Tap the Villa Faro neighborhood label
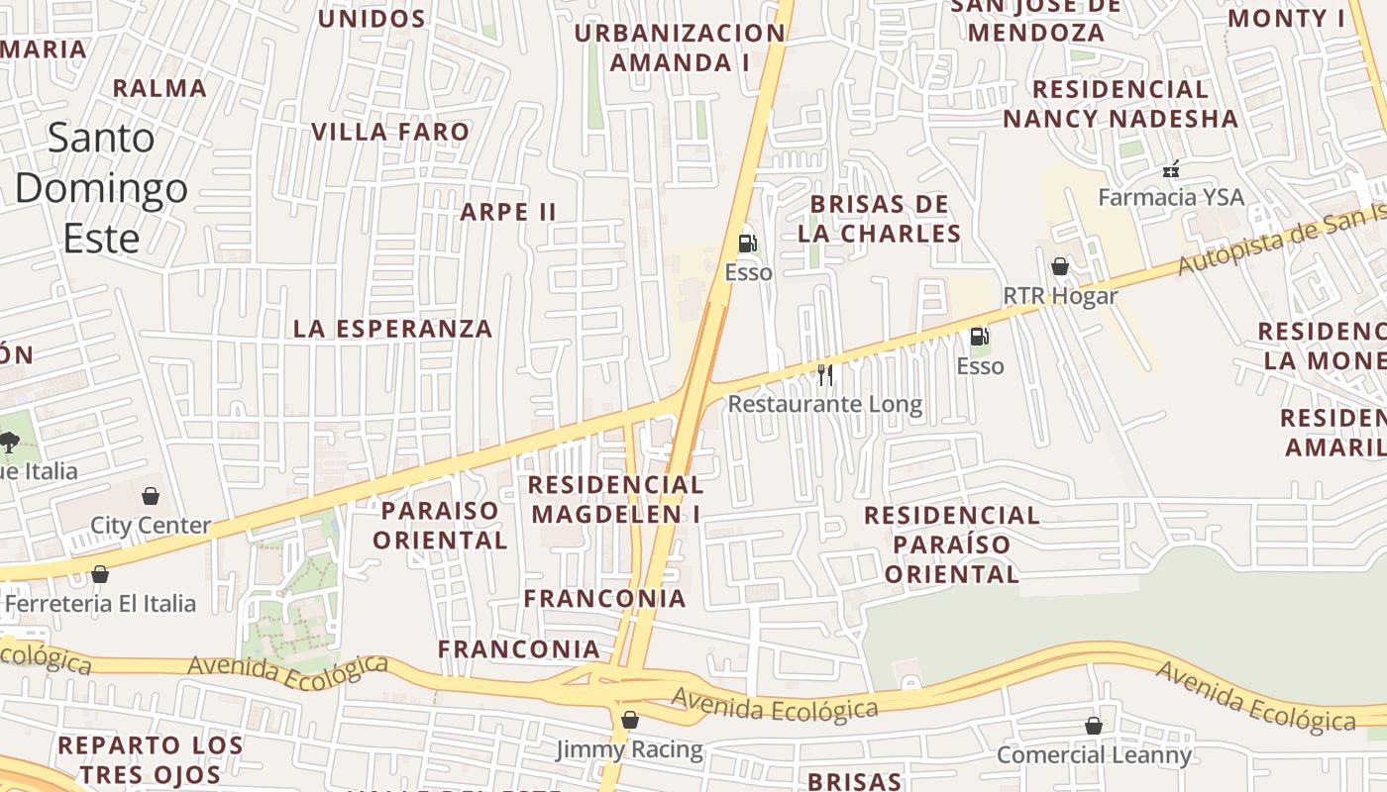(x=390, y=132)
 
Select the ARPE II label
(x=508, y=212)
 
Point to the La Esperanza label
(x=392, y=329)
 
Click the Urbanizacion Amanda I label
(x=680, y=48)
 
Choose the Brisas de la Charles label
(x=880, y=219)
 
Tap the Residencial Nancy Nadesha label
(x=1120, y=104)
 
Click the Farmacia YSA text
(x=1170, y=197)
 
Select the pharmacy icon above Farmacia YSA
(x=1171, y=169)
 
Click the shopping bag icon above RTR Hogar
(x=1059, y=266)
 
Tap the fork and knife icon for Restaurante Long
(x=824, y=374)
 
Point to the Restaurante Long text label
(x=824, y=404)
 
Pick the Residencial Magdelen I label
(x=616, y=499)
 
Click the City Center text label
(x=151, y=525)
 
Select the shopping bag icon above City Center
(x=151, y=495)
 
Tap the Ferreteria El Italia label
(x=100, y=603)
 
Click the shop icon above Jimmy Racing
(x=629, y=720)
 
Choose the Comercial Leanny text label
(x=1094, y=755)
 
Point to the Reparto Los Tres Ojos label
(x=151, y=758)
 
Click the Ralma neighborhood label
(x=160, y=88)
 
